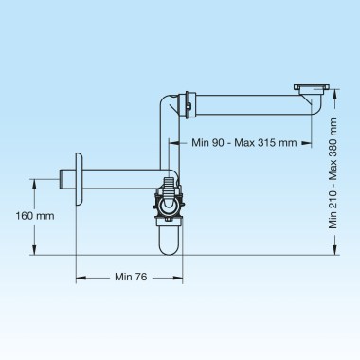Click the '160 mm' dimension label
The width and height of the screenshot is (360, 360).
[x=35, y=216]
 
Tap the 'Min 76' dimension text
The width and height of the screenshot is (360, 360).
[x=131, y=277]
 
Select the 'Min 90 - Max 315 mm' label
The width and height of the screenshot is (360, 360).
[x=244, y=143]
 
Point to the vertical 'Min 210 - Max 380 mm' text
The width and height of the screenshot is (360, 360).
[x=333, y=173]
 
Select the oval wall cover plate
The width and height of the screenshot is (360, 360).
[x=79, y=179]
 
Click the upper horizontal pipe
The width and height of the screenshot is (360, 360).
[x=253, y=105]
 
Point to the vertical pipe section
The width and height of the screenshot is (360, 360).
[x=170, y=142]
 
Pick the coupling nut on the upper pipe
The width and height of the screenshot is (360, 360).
[x=188, y=105]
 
